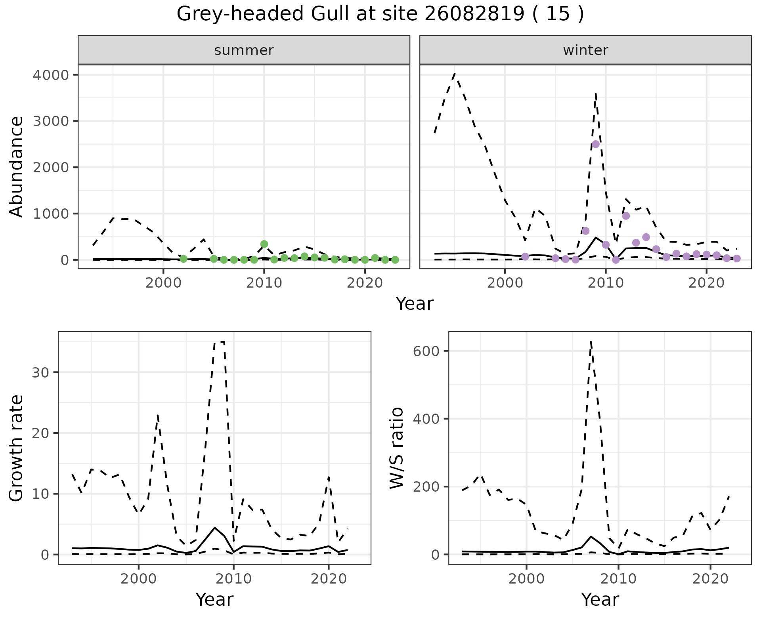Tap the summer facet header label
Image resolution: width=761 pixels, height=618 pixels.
point(244,50)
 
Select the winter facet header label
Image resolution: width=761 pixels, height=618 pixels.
point(585,50)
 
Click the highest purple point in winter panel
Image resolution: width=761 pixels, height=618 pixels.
point(595,144)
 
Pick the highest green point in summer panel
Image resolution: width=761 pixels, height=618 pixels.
point(264,244)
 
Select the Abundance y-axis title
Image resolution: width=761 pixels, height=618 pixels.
point(17,166)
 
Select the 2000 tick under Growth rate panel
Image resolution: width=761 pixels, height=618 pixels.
point(138,579)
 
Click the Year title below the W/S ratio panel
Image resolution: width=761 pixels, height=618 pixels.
point(600,599)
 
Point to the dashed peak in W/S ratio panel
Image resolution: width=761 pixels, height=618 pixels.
point(591,341)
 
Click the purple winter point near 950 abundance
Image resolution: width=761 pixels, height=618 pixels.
point(626,216)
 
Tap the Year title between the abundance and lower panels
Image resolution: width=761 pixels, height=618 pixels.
point(415,304)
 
